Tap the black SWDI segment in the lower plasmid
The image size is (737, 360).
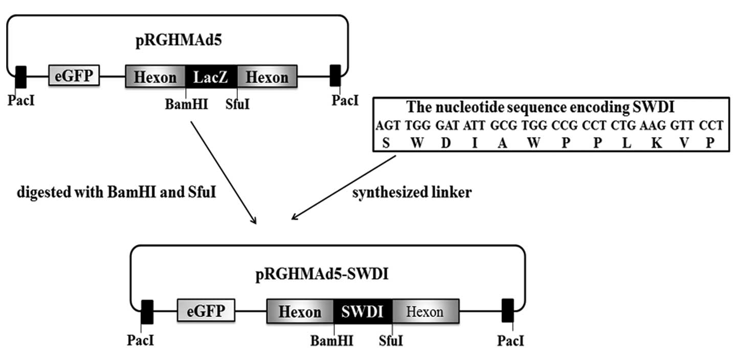(x=363, y=311)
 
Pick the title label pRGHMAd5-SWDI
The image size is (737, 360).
(x=322, y=275)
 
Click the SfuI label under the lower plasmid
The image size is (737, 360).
(x=391, y=340)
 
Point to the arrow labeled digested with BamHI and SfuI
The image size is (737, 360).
(x=223, y=172)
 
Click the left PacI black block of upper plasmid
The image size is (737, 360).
(x=21, y=77)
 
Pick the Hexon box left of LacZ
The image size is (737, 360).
(x=155, y=77)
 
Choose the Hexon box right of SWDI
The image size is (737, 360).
(x=425, y=311)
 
